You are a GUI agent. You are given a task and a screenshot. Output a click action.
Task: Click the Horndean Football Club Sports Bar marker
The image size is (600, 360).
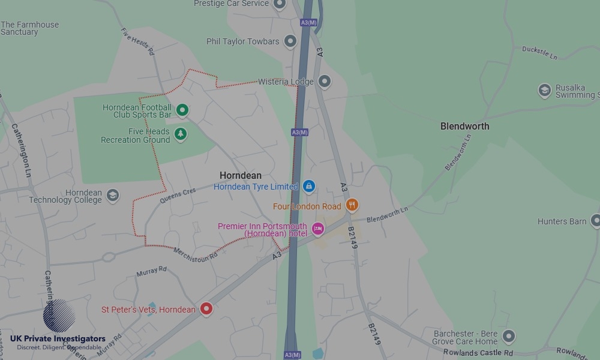(182, 110)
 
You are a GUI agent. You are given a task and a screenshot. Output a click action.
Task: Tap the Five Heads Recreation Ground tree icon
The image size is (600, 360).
(181, 134)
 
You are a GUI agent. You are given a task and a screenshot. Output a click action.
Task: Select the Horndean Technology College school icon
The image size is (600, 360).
(112, 195)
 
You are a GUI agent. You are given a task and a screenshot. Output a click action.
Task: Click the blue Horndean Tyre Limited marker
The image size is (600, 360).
(308, 186)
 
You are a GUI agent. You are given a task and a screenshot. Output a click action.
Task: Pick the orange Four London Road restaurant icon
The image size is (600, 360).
(352, 205)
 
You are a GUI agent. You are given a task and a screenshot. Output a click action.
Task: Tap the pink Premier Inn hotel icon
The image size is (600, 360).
(317, 229)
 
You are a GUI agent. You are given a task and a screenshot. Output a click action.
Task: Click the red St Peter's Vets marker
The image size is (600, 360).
(206, 309)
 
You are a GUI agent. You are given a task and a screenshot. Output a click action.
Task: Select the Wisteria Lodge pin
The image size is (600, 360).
(325, 81)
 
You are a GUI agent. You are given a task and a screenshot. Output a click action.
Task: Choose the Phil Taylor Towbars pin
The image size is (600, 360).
(290, 41)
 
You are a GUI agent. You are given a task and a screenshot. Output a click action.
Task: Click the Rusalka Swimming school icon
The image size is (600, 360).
(545, 91)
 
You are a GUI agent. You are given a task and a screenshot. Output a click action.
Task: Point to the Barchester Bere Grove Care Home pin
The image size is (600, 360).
(509, 336)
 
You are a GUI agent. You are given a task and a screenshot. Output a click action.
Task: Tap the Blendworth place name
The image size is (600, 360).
(464, 126)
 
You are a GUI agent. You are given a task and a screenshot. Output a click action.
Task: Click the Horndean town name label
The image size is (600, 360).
(241, 175)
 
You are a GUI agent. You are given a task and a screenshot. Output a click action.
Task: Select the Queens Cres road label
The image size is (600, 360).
(178, 196)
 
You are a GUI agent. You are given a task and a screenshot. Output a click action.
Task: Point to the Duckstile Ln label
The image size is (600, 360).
(539, 52)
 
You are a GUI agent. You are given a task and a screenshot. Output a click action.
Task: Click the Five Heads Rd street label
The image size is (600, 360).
(138, 41)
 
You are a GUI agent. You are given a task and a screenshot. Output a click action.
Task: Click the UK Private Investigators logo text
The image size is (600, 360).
(58, 339)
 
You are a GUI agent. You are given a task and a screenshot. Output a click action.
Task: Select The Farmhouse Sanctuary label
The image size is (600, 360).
(30, 28)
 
